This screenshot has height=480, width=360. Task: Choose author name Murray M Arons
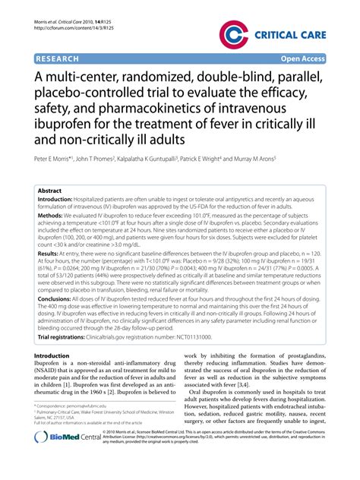point(251,161)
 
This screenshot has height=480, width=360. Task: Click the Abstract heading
point(50,191)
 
